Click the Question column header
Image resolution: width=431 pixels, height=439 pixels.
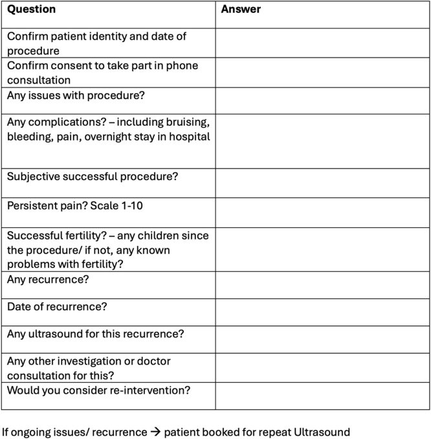point(31,10)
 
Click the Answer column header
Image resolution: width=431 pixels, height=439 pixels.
point(241,10)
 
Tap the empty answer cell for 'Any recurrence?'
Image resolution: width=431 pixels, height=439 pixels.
point(322,285)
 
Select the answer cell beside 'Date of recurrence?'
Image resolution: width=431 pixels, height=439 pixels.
point(322,312)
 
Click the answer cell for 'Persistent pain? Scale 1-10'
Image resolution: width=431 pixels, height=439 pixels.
point(322,212)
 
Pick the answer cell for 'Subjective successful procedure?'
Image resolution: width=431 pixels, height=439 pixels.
point(322,183)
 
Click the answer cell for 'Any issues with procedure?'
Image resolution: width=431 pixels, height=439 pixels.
point(322,100)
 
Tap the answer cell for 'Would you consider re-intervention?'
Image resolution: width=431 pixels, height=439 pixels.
point(322,396)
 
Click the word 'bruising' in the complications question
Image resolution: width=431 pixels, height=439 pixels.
point(183,122)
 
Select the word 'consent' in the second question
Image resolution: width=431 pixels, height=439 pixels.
point(71,66)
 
